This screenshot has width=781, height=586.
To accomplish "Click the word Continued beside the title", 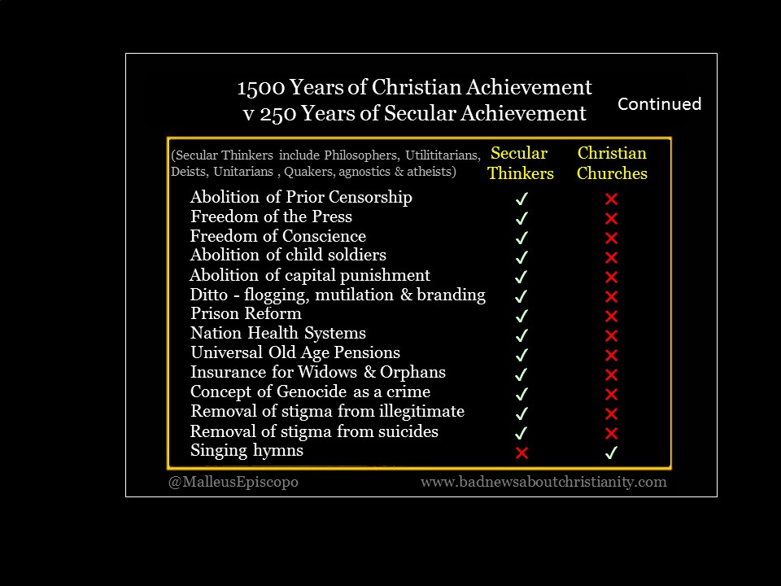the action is (660, 103).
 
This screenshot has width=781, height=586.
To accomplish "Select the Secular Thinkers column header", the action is (520, 163).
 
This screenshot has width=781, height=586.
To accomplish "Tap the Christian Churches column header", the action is (612, 163).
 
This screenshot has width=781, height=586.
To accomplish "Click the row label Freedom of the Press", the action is (271, 216).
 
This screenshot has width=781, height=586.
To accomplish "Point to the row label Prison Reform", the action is (246, 313).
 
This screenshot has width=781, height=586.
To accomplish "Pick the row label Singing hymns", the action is (247, 451).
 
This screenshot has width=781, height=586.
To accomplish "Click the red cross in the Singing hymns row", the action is (521, 453).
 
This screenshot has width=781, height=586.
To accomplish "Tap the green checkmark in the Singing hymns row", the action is (611, 453).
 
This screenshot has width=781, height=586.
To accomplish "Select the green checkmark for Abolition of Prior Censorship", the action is (521, 199).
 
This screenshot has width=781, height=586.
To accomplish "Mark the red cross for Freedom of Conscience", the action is (611, 238).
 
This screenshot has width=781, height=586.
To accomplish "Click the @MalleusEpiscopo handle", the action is (233, 482).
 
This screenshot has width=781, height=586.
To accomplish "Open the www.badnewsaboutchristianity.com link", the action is (543, 482).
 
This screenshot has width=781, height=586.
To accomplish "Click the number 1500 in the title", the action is (260, 88).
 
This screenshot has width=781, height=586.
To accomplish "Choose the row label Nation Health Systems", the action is (278, 333).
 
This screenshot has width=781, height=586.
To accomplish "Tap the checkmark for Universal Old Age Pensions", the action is (521, 355).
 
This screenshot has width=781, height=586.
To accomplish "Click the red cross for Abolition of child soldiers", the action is (611, 258).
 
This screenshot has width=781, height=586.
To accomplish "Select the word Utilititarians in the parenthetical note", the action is (443, 155).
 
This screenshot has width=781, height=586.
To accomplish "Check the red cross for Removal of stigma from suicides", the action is (611, 434).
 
